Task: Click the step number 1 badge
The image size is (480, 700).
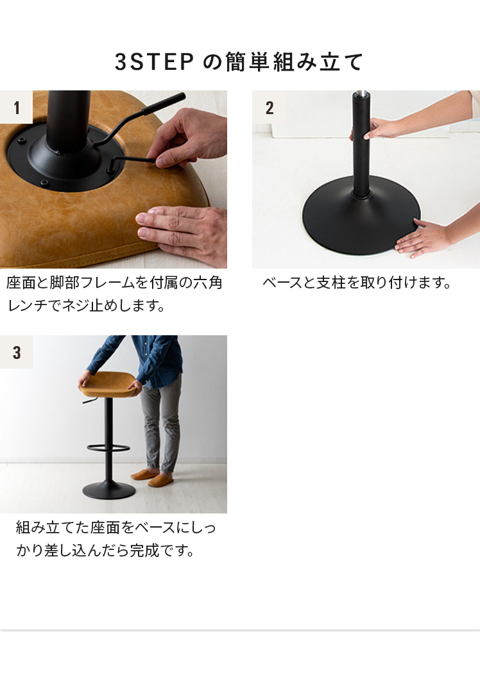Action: [16, 107]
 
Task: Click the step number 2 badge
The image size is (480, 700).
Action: [269, 107]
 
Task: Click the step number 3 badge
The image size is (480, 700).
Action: [16, 352]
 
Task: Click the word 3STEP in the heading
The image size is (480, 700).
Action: [154, 62]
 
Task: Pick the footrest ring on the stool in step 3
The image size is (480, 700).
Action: [108, 447]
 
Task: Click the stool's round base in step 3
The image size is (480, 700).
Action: [108, 490]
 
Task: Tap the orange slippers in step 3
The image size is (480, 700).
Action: [152, 477]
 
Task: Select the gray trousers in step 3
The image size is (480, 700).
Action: [161, 424]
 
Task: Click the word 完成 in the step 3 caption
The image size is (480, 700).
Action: [144, 551]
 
